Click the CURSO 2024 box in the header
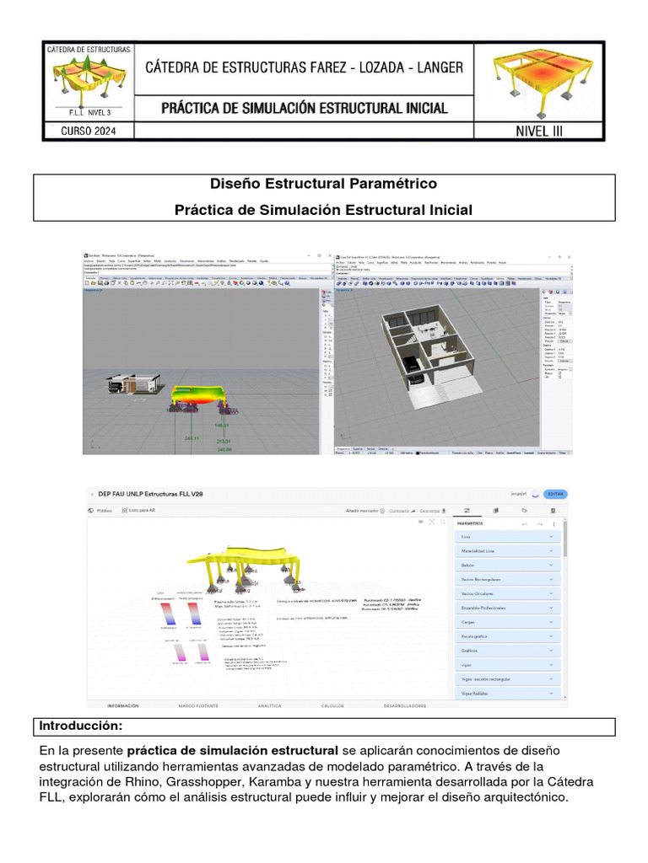(x=89, y=131)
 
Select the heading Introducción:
(x=81, y=726)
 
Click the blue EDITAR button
(x=554, y=495)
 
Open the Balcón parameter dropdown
(x=507, y=565)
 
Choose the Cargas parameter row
(x=507, y=622)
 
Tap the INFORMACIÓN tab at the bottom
(x=123, y=705)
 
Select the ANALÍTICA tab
(x=269, y=705)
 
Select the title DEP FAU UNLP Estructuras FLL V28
(x=150, y=494)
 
